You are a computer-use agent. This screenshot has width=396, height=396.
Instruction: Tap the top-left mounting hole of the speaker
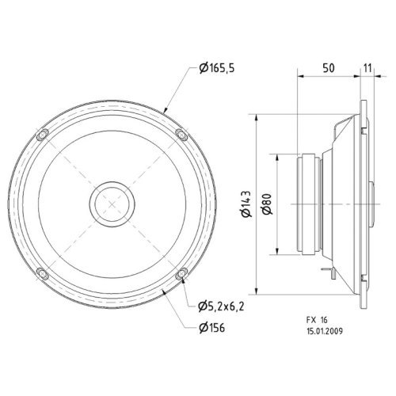point(44,133)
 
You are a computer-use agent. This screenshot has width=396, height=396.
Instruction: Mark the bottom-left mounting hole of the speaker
point(44,274)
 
